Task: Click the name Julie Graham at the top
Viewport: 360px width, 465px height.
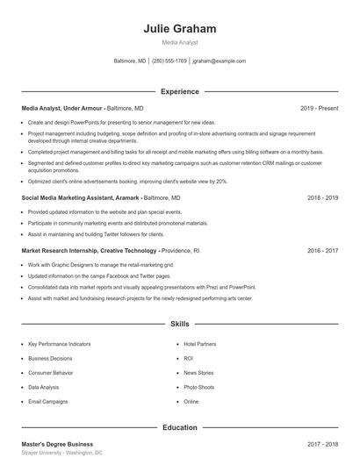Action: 180,28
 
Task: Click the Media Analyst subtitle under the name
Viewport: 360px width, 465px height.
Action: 180,42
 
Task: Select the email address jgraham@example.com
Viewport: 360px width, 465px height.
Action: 219,61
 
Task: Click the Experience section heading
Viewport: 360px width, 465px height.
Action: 180,91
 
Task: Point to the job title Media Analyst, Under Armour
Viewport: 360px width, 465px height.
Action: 62,108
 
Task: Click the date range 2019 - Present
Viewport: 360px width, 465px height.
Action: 319,108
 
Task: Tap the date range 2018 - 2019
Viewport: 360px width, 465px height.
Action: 322,198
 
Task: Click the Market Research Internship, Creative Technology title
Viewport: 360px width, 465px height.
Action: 90,250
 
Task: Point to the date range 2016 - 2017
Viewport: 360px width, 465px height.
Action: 322,250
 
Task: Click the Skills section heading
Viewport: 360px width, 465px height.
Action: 180,324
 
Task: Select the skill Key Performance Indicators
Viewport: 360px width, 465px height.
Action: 59,344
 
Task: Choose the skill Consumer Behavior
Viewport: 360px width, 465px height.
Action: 52,373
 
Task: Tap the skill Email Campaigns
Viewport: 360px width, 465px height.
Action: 47,401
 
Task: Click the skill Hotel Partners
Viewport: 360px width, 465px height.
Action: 199,344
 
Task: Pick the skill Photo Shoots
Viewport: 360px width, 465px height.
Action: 198,387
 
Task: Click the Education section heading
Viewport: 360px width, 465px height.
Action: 180,427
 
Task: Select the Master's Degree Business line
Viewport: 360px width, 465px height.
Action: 57,444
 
